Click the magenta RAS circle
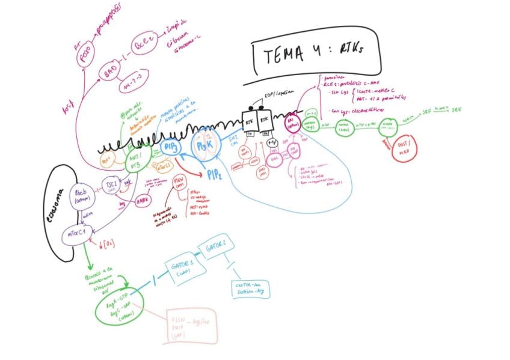[x=293, y=121]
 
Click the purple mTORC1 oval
[x=78, y=233]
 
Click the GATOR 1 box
[x=180, y=268]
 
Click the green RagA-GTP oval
[x=117, y=308]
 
